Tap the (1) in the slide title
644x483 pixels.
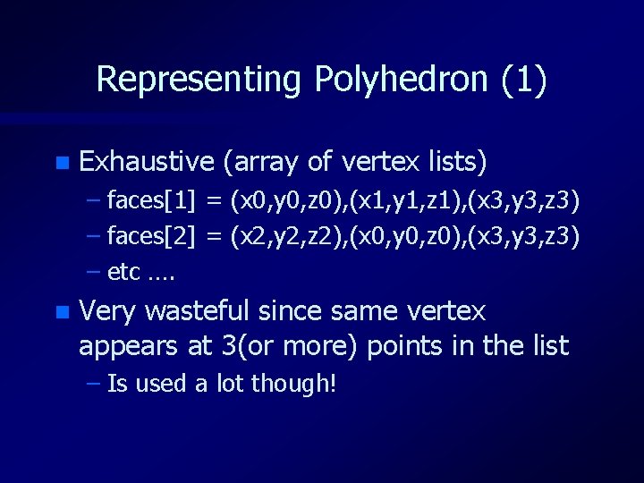point(524,80)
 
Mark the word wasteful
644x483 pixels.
point(199,311)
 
